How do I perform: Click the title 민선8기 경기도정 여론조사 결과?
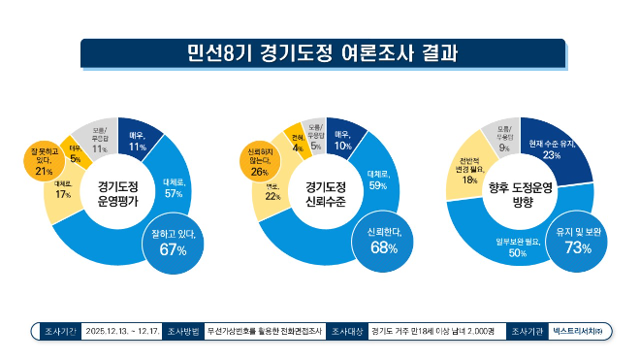[x=321, y=52]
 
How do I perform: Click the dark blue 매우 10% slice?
[x=341, y=140]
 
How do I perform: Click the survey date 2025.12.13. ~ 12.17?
[x=120, y=331]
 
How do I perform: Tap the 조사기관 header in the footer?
[x=527, y=331]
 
